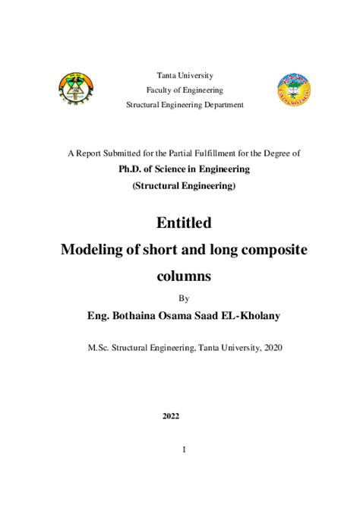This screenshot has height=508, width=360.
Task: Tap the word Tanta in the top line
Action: [x=167, y=75]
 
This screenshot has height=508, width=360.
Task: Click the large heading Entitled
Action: [x=184, y=223]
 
